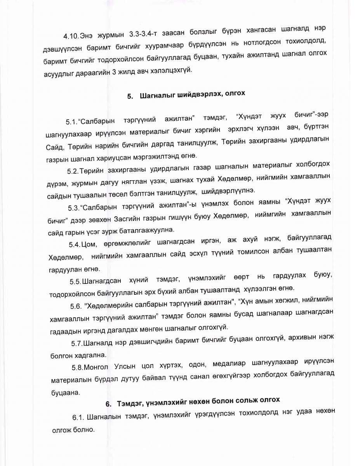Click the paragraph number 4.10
tap(71, 37)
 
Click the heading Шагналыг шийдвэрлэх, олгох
tap(192, 95)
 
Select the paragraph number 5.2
tap(73, 171)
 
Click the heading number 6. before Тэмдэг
tap(108, 404)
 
